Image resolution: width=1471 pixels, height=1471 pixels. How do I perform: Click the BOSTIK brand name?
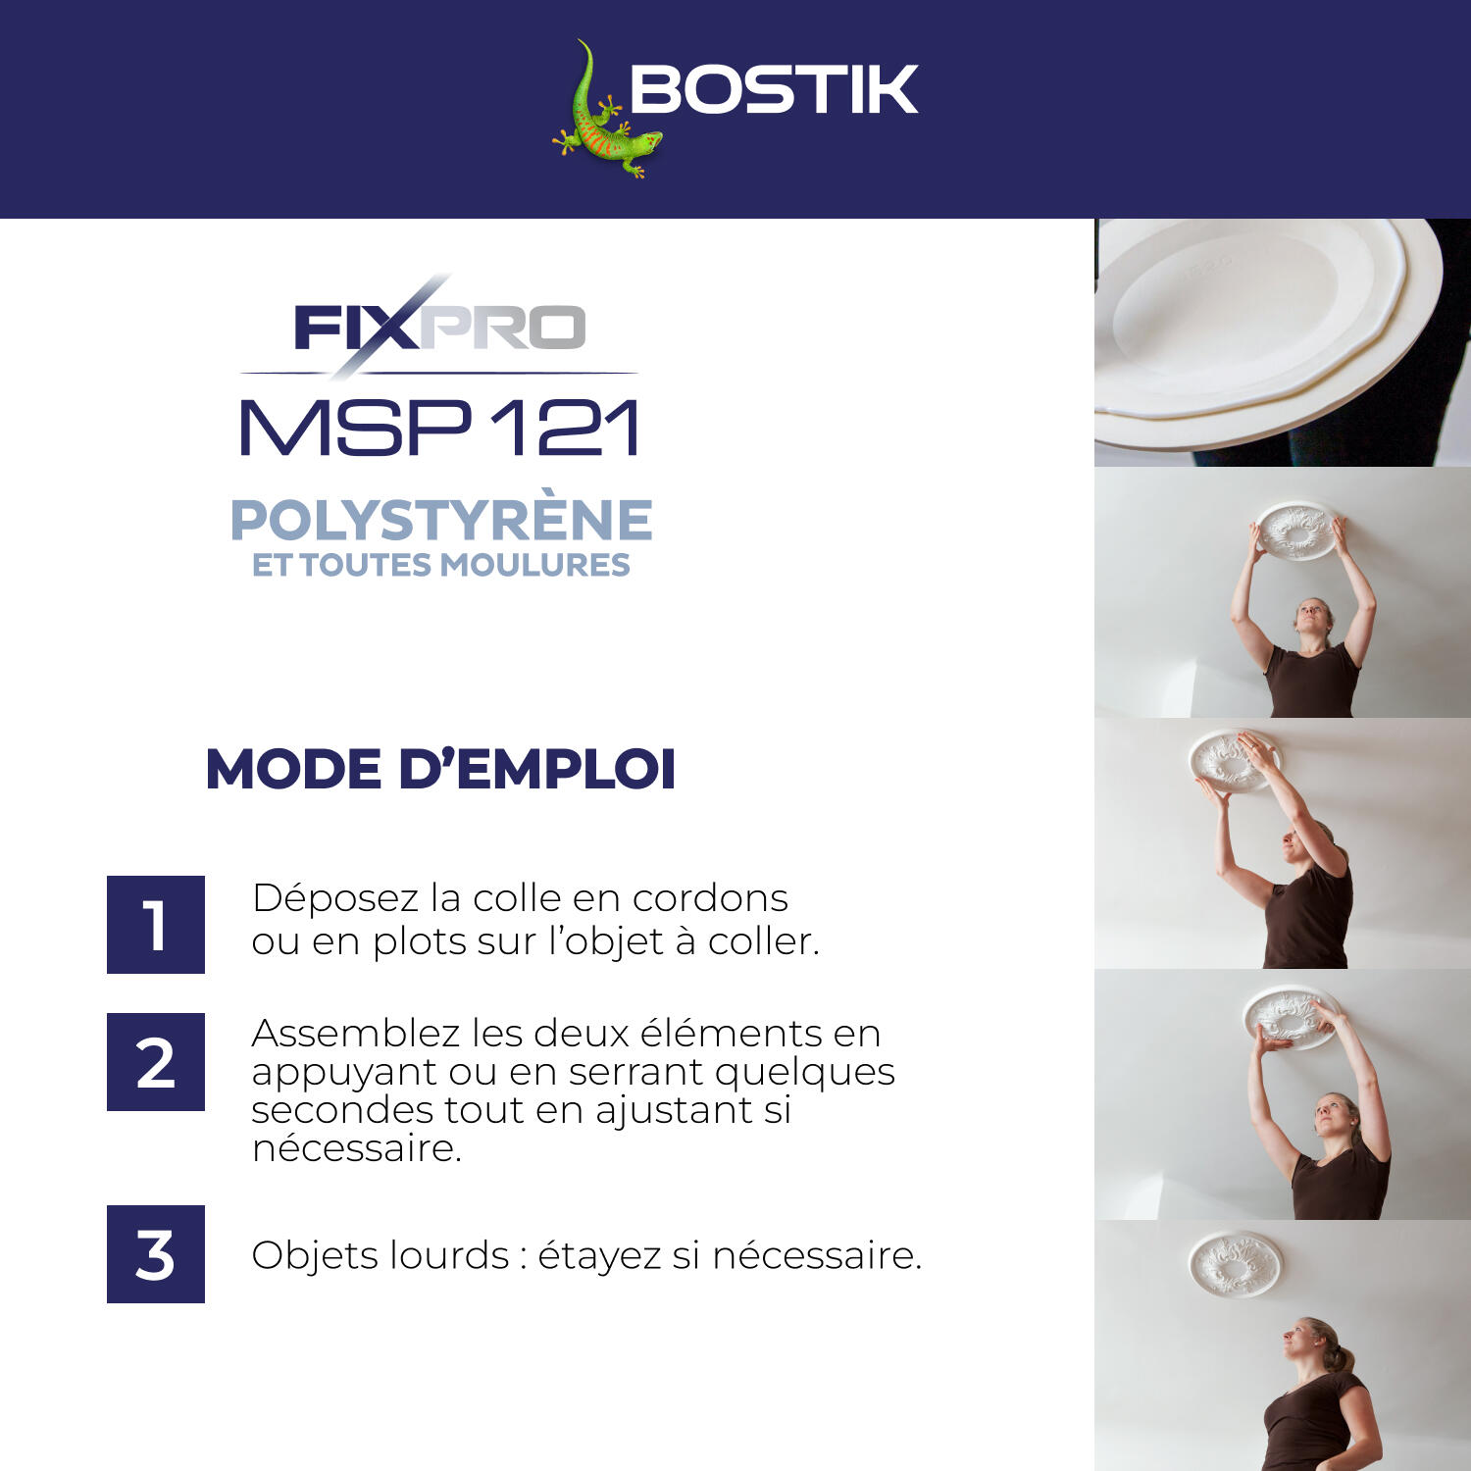(773, 90)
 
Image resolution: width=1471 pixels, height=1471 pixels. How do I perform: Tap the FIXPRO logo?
(439, 328)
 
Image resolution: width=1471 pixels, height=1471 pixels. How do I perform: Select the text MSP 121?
(439, 428)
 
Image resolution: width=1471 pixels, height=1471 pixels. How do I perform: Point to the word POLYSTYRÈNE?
(440, 520)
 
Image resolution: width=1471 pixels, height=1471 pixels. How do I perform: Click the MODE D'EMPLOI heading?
(440, 769)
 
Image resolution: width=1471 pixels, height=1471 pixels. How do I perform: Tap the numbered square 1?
(155, 925)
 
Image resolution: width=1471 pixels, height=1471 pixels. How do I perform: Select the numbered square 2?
(155, 1062)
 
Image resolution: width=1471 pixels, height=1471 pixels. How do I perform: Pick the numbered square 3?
(155, 1254)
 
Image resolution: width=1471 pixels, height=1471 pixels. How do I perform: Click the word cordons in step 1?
(710, 898)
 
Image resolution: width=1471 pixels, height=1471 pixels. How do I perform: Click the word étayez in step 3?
(599, 1256)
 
